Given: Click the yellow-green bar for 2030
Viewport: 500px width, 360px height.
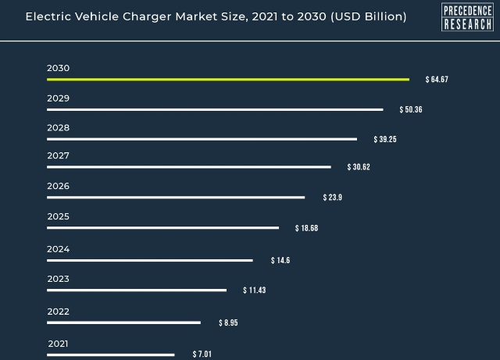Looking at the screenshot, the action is click(x=228, y=80).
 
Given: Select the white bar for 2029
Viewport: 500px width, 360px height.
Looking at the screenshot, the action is click(x=215, y=109).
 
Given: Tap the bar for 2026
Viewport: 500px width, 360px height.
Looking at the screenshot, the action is click(x=176, y=198).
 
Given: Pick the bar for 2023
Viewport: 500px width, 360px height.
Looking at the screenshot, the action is click(x=137, y=290).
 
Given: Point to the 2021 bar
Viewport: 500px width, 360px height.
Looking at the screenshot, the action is click(x=111, y=355).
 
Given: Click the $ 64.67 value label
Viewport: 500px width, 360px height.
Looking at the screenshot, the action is click(x=437, y=80).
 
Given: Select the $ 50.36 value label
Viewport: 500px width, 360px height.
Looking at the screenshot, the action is click(x=411, y=109).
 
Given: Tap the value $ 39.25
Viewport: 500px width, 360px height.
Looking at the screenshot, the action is click(x=385, y=139).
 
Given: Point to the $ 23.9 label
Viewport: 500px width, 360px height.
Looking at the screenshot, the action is click(x=332, y=198).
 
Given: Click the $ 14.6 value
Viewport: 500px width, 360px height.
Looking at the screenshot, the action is click(x=280, y=261).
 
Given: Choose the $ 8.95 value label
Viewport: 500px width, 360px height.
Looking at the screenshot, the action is click(x=228, y=323).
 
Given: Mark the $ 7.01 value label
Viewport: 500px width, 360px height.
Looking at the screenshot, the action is click(x=202, y=354).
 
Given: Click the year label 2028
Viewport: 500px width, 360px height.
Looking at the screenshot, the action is click(x=58, y=128).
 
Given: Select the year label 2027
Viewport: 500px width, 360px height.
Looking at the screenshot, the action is click(x=58, y=155).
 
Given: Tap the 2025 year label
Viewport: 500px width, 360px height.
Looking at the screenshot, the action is click(x=58, y=216).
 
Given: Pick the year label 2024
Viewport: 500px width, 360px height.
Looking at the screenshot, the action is click(x=58, y=249).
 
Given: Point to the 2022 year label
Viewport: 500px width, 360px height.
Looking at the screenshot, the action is click(x=58, y=312).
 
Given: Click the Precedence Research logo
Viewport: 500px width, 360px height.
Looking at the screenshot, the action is click(x=467, y=17).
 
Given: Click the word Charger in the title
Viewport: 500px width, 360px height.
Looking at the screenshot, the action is click(x=148, y=17).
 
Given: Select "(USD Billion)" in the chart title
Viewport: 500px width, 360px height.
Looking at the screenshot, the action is click(x=369, y=16).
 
